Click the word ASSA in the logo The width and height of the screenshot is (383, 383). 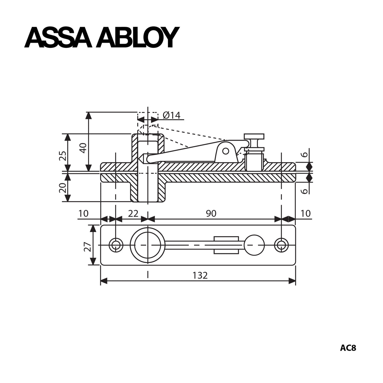click(58, 37)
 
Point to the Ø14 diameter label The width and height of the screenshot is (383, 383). click(171, 115)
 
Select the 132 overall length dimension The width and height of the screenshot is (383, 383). click(200, 275)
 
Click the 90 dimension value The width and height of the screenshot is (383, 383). click(211, 213)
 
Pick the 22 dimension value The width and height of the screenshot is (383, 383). click(133, 213)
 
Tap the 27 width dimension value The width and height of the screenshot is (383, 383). click(88, 247)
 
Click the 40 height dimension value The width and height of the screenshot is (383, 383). click(83, 148)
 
